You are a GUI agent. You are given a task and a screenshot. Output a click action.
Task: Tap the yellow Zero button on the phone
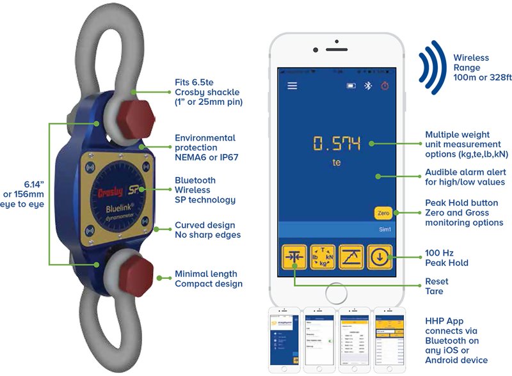click(383, 212)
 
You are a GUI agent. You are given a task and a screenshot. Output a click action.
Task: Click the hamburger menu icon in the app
click(292, 86)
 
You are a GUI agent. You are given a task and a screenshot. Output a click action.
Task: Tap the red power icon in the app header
click(385, 86)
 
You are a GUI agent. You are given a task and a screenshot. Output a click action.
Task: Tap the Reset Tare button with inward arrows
click(294, 258)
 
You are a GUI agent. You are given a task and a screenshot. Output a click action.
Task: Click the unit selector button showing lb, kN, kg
click(323, 258)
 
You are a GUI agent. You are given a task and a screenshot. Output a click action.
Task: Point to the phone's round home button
click(337, 294)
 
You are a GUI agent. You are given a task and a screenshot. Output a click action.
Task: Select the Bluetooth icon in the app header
click(367, 86)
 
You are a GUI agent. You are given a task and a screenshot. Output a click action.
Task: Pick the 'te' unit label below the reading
click(337, 163)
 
